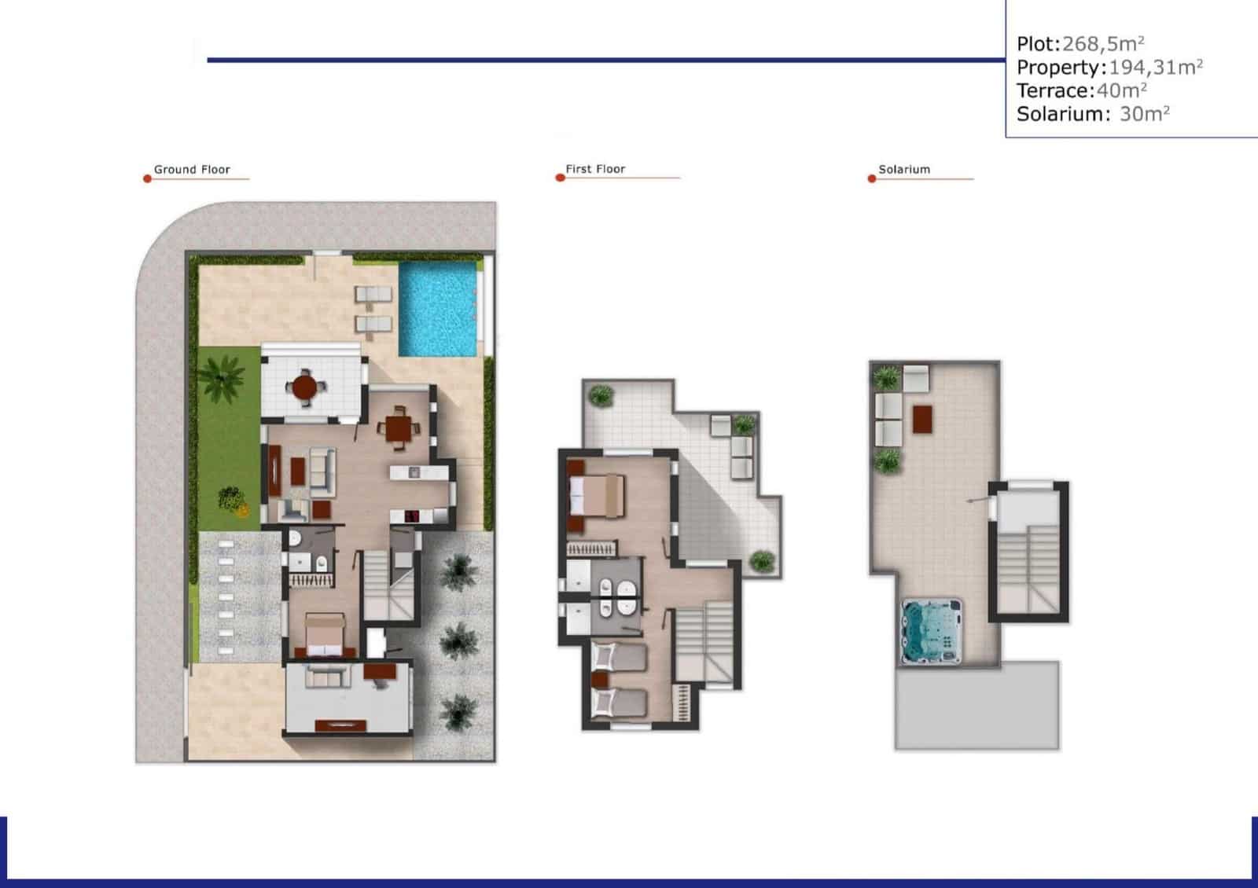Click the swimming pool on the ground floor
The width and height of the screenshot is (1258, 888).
pyautogui.click(x=438, y=308)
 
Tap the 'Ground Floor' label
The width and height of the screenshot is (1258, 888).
pyautogui.click(x=192, y=170)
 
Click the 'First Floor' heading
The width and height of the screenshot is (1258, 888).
pyautogui.click(x=595, y=169)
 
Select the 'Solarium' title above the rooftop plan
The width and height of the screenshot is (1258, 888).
pyautogui.click(x=904, y=170)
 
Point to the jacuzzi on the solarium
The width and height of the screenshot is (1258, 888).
pyautogui.click(x=932, y=630)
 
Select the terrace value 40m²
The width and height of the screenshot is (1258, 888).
pyautogui.click(x=1121, y=90)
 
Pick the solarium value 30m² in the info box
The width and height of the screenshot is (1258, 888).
pyautogui.click(x=1144, y=114)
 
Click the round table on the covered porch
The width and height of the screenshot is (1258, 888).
pyautogui.click(x=304, y=387)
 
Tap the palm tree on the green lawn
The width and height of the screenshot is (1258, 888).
pyautogui.click(x=222, y=375)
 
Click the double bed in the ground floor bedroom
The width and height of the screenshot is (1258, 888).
pyautogui.click(x=323, y=635)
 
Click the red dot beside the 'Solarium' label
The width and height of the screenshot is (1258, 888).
pyautogui.click(x=871, y=179)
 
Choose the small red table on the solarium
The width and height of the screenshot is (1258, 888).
pyautogui.click(x=921, y=419)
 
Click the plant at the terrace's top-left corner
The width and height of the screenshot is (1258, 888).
pyautogui.click(x=601, y=394)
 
